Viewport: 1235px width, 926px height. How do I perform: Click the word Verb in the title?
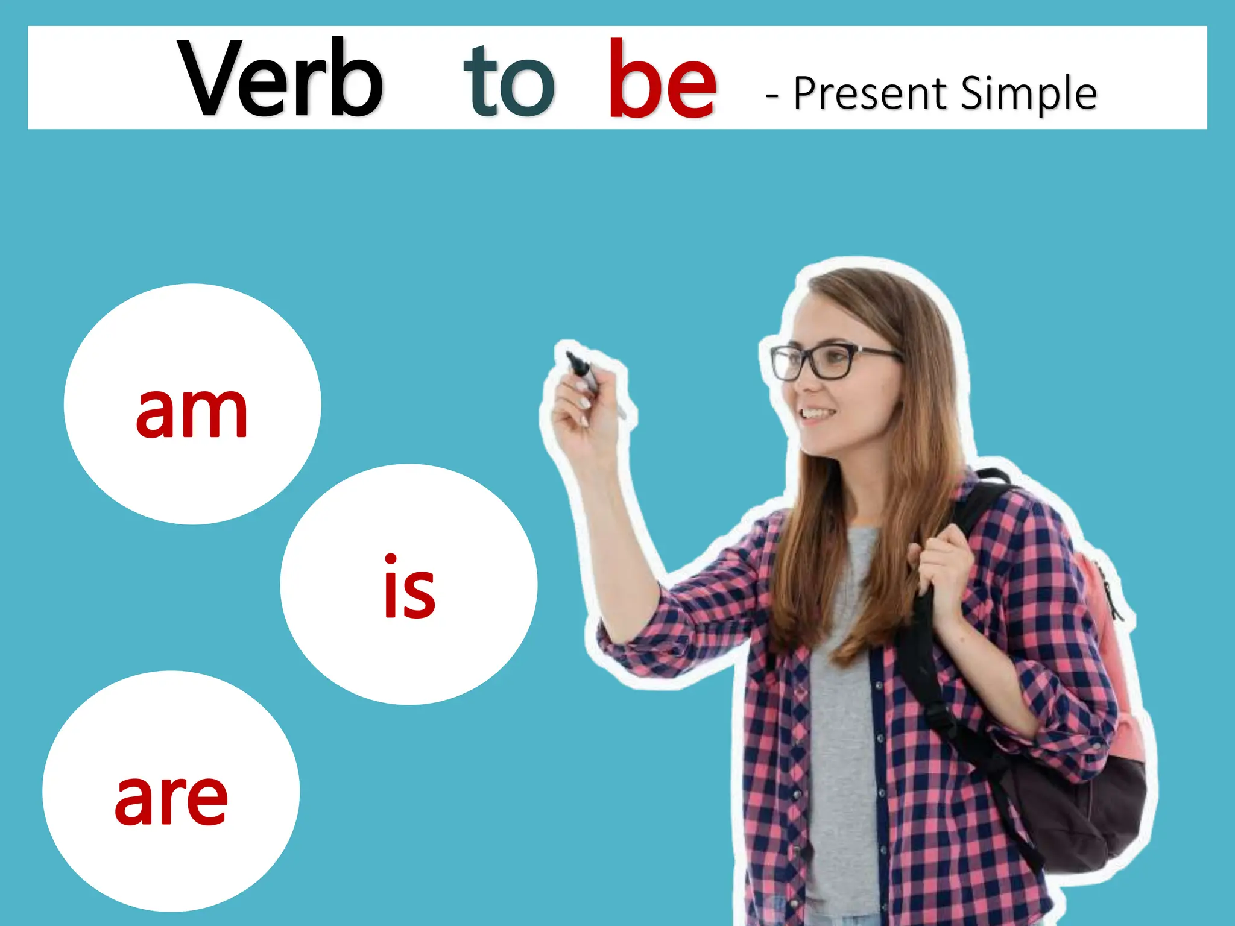point(280,78)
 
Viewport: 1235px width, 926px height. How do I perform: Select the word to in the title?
point(508,81)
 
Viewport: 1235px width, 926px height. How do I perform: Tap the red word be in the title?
point(662,80)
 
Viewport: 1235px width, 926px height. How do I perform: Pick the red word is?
point(409,588)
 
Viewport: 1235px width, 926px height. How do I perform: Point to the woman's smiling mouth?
point(817,414)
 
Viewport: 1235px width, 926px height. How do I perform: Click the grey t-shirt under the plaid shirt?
point(841,723)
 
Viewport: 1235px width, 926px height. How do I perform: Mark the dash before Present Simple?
point(771,95)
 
